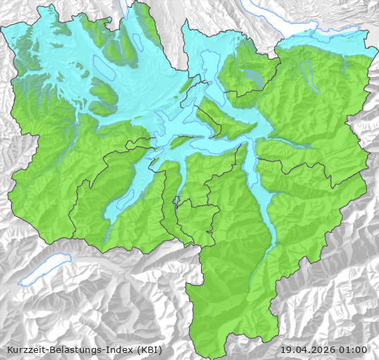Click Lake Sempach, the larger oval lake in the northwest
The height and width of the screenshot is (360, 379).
103,66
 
